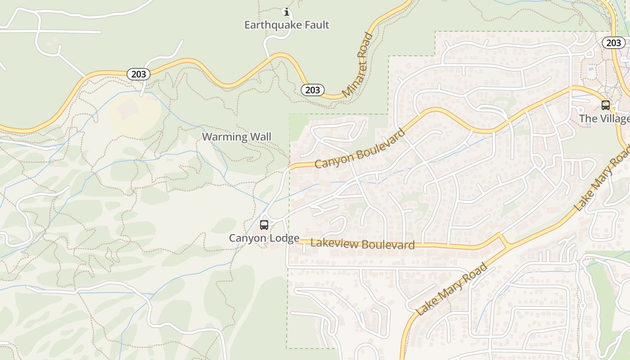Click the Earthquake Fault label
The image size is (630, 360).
[x=287, y=25]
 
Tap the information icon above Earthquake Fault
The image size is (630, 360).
[x=286, y=12]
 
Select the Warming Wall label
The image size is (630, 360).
[x=237, y=137]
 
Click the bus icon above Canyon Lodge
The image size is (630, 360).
[x=264, y=225]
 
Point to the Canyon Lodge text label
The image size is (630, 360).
[x=264, y=238]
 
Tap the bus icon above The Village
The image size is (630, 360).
[x=606, y=105]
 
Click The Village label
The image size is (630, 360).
[x=604, y=119]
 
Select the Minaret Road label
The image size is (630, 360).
[x=358, y=65]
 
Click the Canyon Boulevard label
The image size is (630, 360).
[x=360, y=149]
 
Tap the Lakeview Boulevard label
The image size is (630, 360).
[x=362, y=244]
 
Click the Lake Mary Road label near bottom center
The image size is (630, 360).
[x=451, y=289]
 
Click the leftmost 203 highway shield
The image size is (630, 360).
[x=138, y=74]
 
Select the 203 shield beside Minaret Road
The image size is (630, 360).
[x=313, y=90]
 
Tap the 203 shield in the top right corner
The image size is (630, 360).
[x=613, y=43]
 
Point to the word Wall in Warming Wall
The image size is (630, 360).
[x=261, y=137]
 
